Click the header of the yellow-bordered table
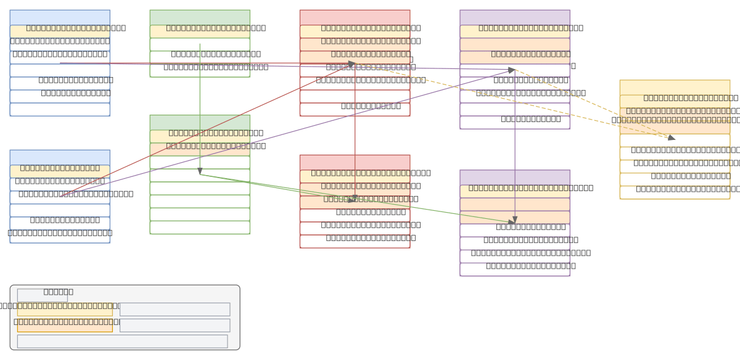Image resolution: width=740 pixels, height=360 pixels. tap(675, 87)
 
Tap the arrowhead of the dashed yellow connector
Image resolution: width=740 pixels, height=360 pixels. tap(672, 137)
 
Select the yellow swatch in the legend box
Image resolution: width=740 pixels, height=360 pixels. tap(65, 309)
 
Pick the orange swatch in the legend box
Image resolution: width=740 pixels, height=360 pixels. tap(65, 325)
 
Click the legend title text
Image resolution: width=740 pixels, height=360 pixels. tap(59, 292)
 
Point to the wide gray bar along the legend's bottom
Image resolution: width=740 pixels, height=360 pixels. tap(122, 341)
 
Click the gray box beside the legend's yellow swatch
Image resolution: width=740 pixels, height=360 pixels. tap(175, 309)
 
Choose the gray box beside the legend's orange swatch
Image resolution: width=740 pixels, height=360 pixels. tap(175, 325)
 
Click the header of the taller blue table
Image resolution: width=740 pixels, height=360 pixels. tap(60, 17)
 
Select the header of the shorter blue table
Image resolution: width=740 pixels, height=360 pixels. tap(60, 157)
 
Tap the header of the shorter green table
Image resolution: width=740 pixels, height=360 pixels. tap(200, 17)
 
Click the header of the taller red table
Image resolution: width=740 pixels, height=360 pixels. tap(355, 17)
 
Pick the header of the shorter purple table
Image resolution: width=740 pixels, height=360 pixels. tap(514, 178)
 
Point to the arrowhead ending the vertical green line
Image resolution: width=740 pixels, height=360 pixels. tap(200, 171)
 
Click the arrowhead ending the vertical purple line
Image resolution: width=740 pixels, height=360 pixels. tap(515, 220)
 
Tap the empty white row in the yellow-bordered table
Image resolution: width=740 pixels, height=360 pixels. tap(675, 141)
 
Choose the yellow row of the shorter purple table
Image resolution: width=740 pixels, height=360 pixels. tap(514, 191)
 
